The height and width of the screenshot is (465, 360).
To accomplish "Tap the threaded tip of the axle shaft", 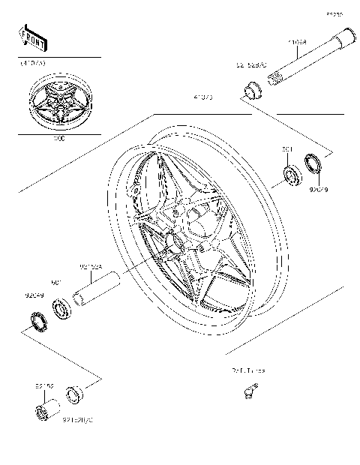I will (x=278, y=76).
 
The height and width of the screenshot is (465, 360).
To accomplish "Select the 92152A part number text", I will (x=90, y=265).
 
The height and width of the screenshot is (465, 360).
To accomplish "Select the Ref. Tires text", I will (x=247, y=371).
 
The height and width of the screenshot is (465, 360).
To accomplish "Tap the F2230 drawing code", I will (x=333, y=13).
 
